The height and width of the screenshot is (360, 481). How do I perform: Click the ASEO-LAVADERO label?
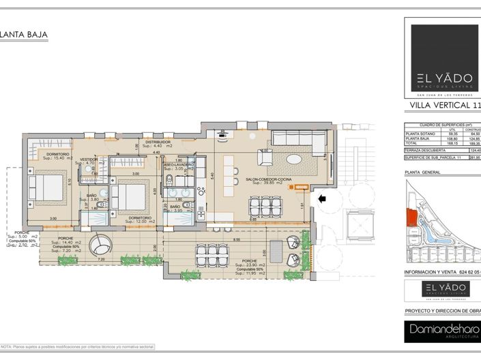tap(179, 164)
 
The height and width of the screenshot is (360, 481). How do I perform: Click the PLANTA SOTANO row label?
tap(418, 134)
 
